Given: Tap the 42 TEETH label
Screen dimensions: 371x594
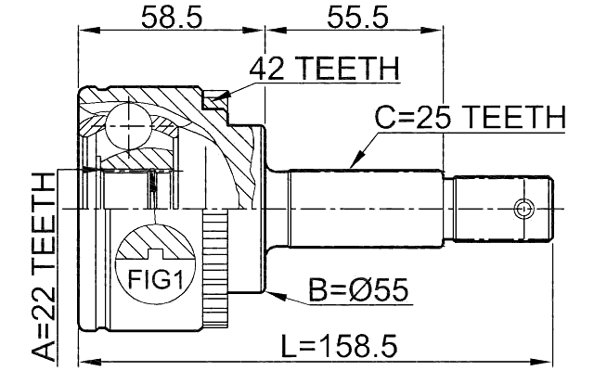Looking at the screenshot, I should point(324,70).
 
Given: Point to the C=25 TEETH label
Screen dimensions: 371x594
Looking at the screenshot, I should point(470,118).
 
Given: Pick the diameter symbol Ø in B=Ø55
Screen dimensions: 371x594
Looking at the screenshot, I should point(368,290).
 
